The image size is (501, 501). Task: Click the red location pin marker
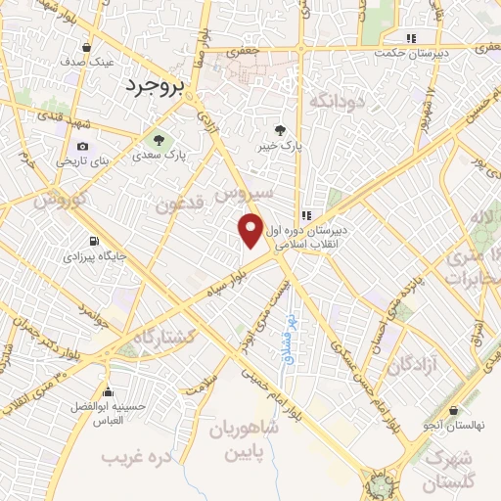pyautogui.click(x=251, y=230)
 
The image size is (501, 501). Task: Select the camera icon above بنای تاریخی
pyautogui.click(x=81, y=147)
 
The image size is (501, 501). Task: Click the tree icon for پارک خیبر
pyautogui.click(x=281, y=129)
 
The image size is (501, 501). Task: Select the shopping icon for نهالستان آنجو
pyautogui.click(x=452, y=411)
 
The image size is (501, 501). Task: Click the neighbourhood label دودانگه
pyautogui.click(x=337, y=99)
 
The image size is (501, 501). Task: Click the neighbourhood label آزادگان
pyautogui.click(x=410, y=365)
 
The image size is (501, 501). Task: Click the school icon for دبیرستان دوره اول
pyautogui.click(x=306, y=214)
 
